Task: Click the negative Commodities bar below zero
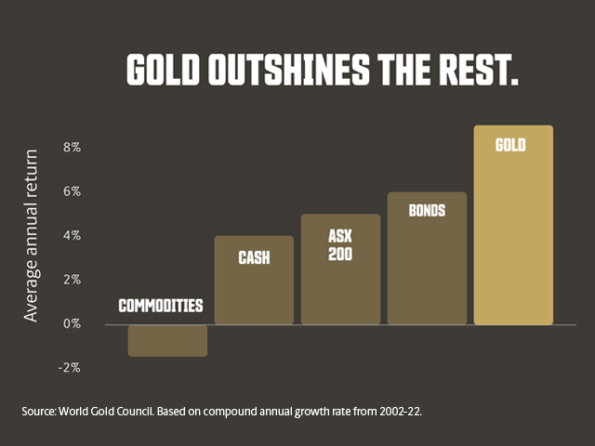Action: (167, 340)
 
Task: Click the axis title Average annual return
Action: (32, 234)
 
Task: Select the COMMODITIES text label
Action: (160, 306)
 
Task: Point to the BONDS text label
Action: (427, 210)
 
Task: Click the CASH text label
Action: (254, 257)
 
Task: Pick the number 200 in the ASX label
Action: (340, 252)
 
